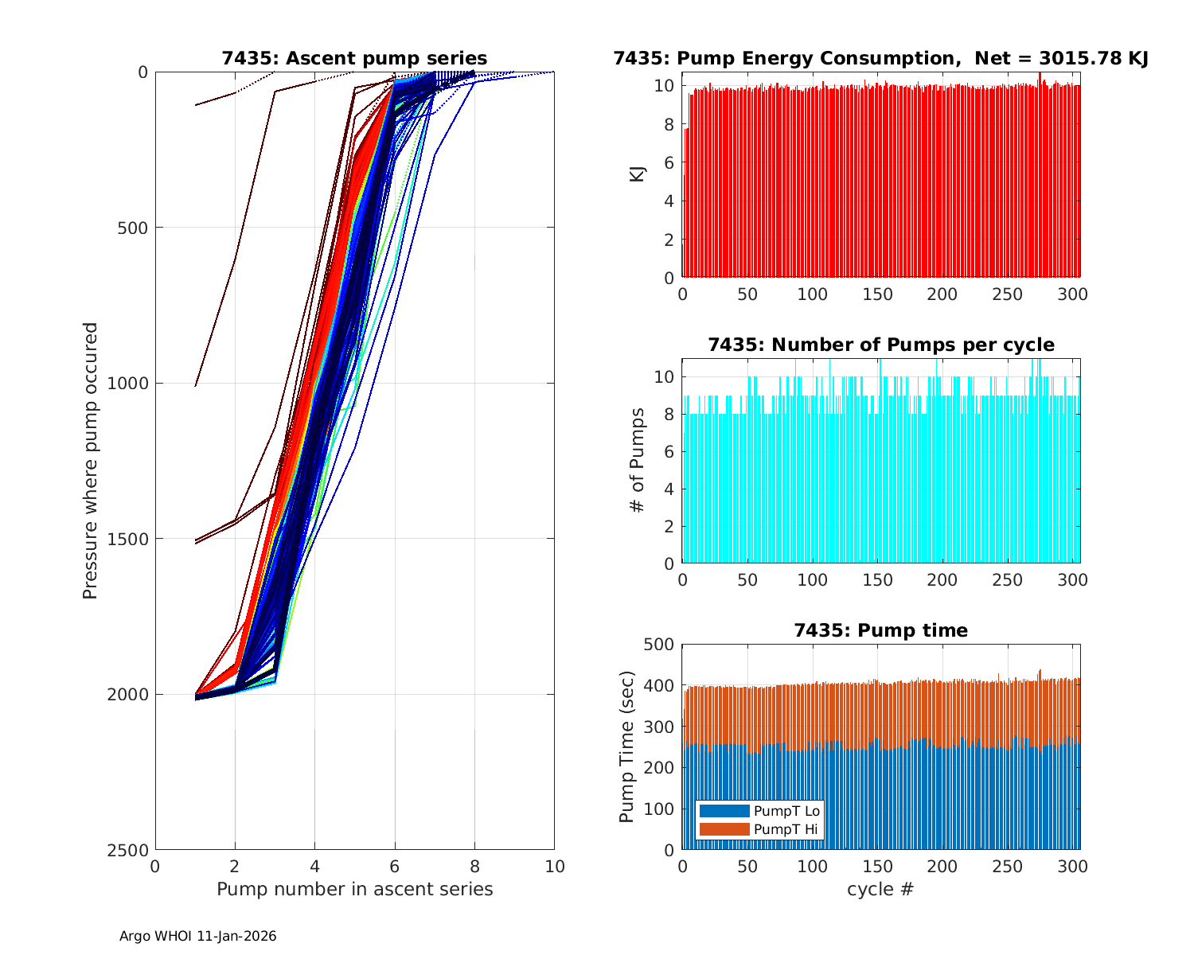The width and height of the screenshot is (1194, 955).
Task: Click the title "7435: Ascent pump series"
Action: point(354,58)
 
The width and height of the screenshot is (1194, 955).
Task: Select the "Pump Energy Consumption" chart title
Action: point(880,58)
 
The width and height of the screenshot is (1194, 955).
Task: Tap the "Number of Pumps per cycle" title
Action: point(880,345)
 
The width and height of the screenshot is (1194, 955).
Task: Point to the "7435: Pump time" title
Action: point(880,630)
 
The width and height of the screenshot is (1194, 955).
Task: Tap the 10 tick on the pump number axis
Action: point(554,867)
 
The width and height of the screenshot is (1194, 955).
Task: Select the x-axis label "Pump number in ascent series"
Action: point(354,889)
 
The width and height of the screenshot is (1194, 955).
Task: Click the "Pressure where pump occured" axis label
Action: point(91,461)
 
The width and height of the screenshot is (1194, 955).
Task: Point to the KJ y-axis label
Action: point(638,173)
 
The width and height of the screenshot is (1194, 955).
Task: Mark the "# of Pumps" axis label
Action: point(638,461)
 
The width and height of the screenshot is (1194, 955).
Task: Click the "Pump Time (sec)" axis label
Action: point(627,746)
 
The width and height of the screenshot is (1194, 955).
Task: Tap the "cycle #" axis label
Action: point(880,889)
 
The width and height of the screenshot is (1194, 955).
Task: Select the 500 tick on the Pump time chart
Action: point(661,645)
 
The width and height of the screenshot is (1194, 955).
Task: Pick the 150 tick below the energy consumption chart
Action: point(877,294)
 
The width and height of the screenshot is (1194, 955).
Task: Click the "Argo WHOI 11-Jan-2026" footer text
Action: point(197,937)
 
